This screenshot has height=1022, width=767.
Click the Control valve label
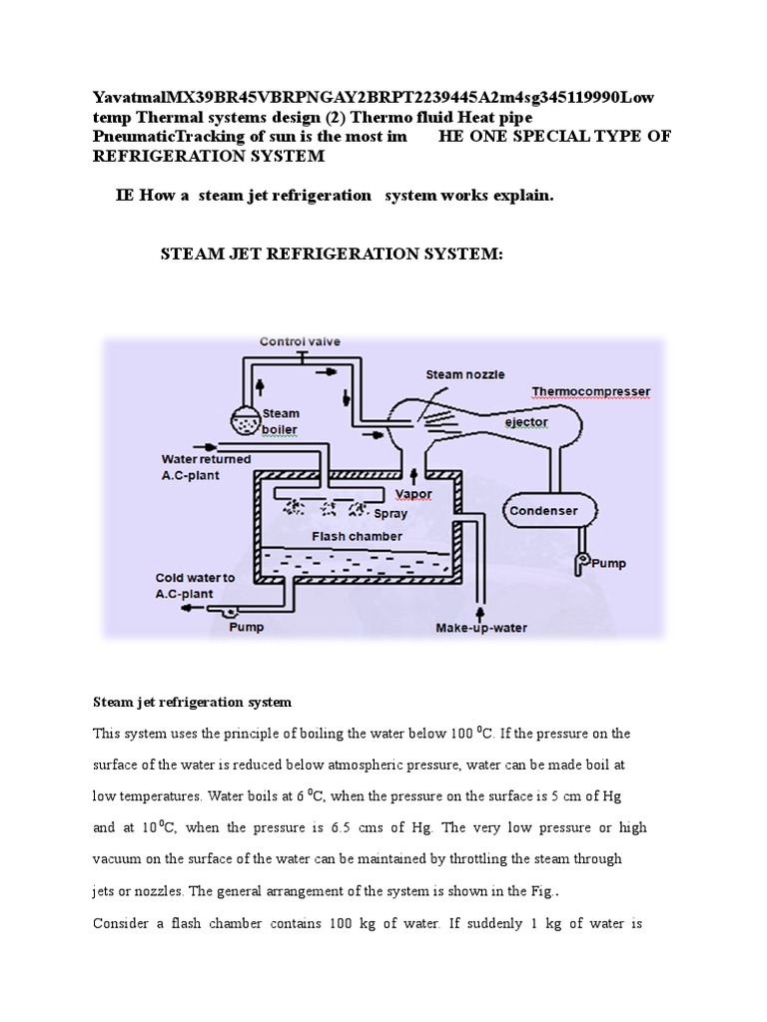[300, 341]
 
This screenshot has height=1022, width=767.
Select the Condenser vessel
[545, 511]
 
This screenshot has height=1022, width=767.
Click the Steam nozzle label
[465, 374]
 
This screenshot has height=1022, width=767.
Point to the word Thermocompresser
[590, 390]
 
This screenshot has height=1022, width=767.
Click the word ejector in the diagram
[524, 422]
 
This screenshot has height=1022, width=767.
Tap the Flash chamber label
[357, 536]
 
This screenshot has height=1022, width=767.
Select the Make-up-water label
[480, 628]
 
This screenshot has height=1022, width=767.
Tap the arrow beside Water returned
[190, 446]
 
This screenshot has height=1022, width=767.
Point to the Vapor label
[413, 494]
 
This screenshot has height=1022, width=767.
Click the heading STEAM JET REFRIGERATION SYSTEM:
[333, 255]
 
